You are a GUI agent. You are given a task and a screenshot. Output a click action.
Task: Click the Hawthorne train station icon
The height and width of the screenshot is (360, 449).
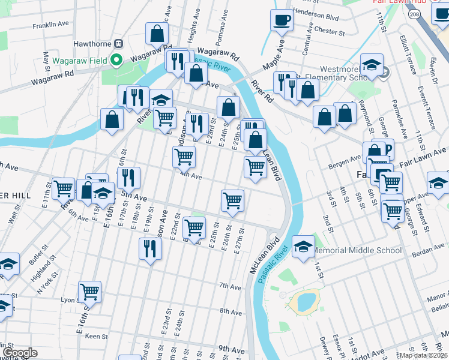click(x=119, y=44)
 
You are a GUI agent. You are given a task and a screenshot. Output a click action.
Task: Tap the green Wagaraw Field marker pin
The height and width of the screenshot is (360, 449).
click(x=117, y=60)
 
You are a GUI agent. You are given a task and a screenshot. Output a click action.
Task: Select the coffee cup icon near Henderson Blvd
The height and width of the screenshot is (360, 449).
click(x=282, y=21)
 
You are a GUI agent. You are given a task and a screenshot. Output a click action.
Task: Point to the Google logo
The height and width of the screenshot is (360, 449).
click(x=20, y=353)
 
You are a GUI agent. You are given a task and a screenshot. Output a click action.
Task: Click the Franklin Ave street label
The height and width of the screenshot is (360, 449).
click(x=51, y=25)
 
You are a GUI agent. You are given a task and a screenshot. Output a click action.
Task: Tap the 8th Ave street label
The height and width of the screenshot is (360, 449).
click(x=231, y=311)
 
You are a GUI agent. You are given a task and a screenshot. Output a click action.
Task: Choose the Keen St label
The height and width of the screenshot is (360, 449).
click(x=96, y=337)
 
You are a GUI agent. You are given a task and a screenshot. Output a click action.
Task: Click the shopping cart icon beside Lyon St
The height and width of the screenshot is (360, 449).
click(x=89, y=292)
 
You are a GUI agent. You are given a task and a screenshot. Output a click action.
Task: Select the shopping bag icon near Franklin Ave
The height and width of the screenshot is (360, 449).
click(x=157, y=35)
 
